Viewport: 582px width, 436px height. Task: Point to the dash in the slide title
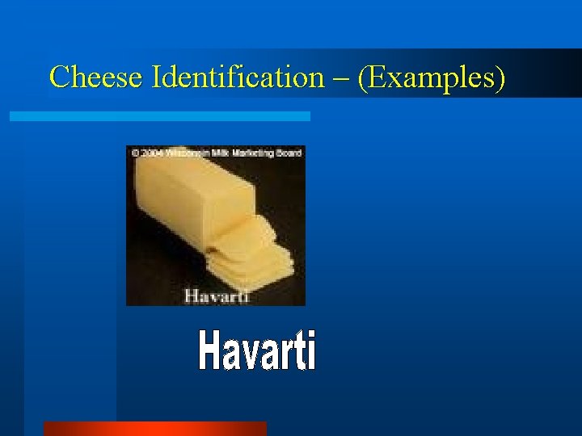pos(340,79)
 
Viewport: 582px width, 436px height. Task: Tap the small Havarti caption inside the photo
pos(216,296)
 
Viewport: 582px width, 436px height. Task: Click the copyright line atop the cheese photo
pos(216,152)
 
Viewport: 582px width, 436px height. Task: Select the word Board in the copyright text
pos(288,152)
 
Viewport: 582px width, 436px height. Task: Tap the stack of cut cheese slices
pos(247,254)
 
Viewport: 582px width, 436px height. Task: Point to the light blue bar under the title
pos(159,116)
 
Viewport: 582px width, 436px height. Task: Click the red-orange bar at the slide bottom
pos(154,429)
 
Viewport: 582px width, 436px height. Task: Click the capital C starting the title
pos(59,78)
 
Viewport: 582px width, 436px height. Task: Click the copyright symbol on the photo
pos(131,152)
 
